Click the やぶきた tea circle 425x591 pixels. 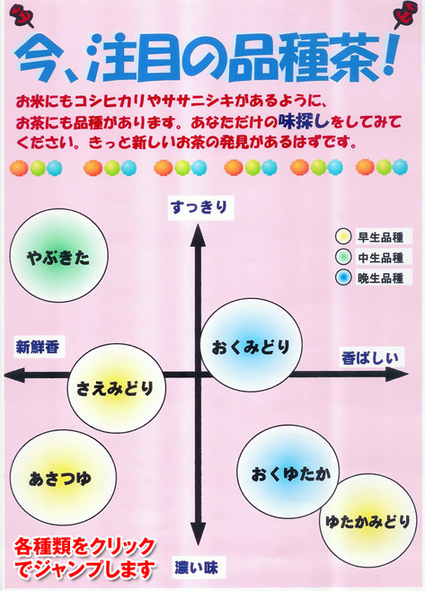(59, 255)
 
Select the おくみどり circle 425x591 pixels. (251, 345)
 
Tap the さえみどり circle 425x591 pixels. (116, 388)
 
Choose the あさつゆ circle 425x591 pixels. (63, 478)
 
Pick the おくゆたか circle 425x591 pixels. (288, 472)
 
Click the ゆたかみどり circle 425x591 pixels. (368, 521)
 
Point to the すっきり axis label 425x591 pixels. (200, 208)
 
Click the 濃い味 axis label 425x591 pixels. (198, 567)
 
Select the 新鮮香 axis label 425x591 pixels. (38, 347)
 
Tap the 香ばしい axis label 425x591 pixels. (371, 357)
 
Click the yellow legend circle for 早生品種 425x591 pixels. (343, 236)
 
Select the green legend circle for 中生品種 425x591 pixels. (343, 257)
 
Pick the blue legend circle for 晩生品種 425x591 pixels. (343, 277)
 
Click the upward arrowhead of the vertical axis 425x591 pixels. (198, 236)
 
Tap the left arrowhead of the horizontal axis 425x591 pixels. (15, 375)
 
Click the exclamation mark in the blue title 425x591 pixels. (389, 54)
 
